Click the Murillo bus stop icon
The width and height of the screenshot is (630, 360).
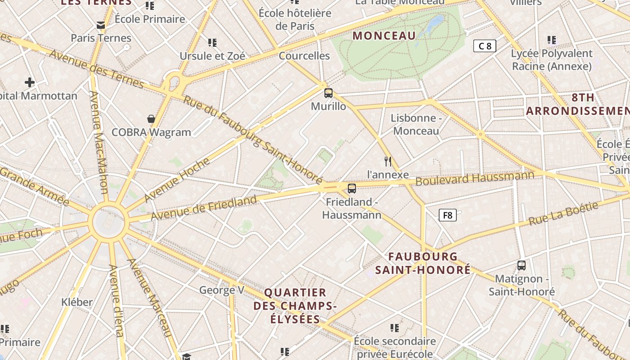tap(328, 93)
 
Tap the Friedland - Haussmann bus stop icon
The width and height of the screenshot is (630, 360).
tap(352, 189)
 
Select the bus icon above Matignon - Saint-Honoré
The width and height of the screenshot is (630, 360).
tap(522, 265)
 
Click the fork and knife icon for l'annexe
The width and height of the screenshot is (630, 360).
tap(388, 161)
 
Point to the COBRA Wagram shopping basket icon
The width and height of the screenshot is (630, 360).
tap(151, 119)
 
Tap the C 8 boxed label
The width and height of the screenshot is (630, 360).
tap(485, 45)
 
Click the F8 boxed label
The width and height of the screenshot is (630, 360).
tap(448, 215)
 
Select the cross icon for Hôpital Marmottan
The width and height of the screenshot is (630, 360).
tap(30, 82)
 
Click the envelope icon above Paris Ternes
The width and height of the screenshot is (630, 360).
tap(101, 25)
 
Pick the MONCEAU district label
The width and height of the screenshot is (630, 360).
tap(384, 36)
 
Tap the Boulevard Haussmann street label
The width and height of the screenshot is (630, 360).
tap(475, 179)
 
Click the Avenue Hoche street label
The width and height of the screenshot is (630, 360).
tap(177, 180)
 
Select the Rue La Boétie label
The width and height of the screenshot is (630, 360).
tap(563, 214)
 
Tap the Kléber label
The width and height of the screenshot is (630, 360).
tap(77, 302)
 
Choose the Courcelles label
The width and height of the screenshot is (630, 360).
tap(304, 56)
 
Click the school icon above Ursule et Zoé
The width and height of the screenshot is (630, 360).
tap(212, 43)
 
